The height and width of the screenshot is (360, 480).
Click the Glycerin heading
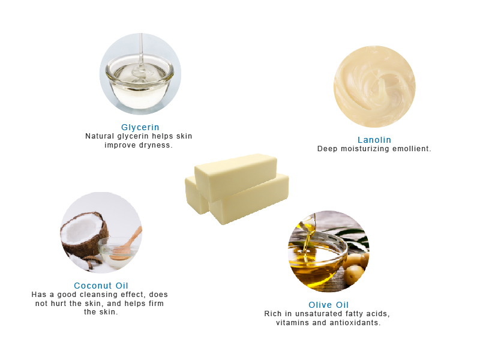140,127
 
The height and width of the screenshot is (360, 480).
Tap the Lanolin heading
374,140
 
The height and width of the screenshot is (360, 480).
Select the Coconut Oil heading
101,286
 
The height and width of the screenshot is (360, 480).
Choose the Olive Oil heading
328,305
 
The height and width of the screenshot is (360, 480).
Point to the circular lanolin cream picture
374,86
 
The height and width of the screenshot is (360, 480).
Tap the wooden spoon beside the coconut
128,240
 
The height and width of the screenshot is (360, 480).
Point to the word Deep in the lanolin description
328,149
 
